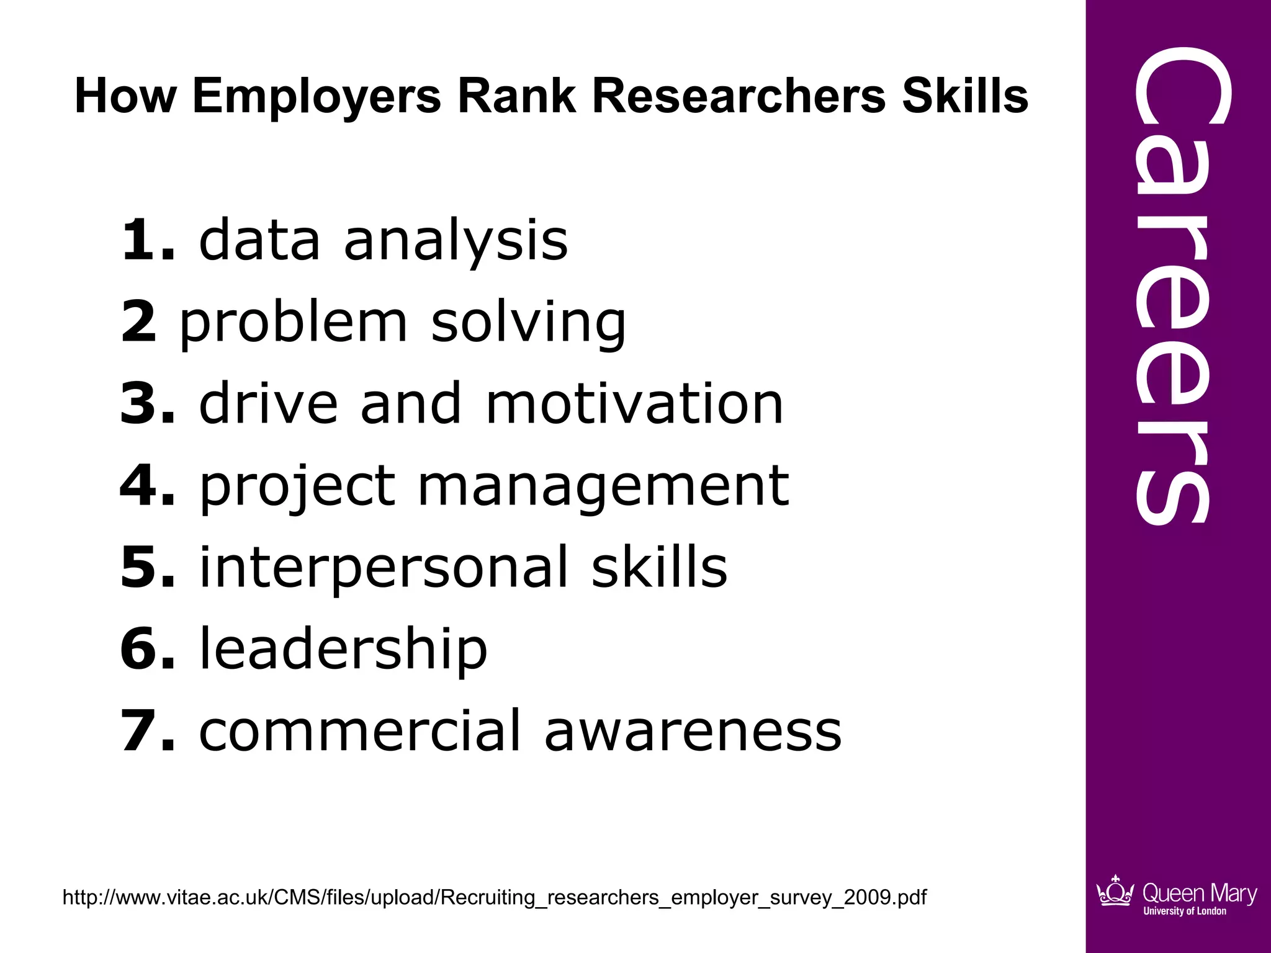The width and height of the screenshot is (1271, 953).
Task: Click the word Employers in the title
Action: [317, 97]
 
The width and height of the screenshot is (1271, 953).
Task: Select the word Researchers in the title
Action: [739, 97]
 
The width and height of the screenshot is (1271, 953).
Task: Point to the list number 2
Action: [139, 322]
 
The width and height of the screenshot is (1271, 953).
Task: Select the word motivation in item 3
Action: [634, 404]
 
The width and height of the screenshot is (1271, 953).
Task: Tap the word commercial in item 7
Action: [359, 731]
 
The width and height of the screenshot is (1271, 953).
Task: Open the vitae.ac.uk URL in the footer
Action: [495, 897]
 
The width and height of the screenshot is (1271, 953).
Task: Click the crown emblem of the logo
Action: [1115, 892]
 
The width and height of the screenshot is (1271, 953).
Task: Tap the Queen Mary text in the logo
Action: [1199, 893]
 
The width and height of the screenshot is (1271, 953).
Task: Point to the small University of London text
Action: [1185, 911]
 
